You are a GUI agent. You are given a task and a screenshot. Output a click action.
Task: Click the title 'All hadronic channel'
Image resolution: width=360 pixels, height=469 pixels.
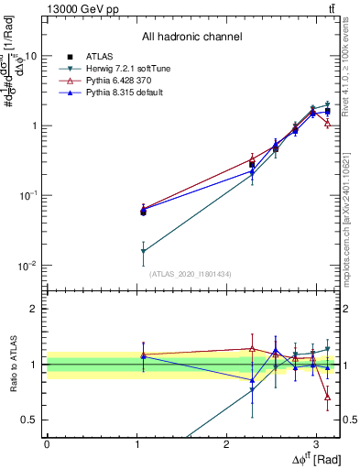(191, 38)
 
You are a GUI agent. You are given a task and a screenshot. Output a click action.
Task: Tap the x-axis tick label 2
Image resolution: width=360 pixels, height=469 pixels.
(226, 442)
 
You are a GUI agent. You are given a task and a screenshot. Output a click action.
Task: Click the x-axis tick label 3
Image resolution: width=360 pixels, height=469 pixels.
(316, 442)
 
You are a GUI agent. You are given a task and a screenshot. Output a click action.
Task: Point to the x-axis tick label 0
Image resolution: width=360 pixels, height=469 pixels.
(47, 442)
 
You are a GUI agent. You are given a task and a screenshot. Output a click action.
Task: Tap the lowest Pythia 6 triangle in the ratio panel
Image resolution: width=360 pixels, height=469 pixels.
(328, 397)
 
